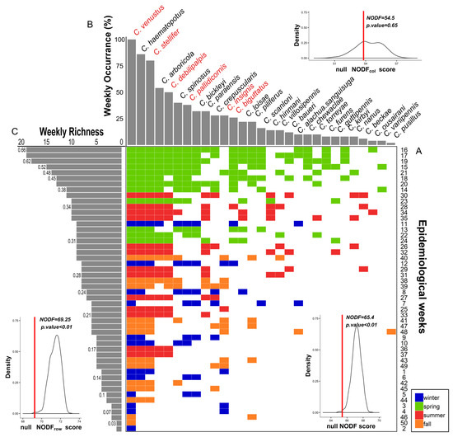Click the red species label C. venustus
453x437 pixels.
tap(139, 19)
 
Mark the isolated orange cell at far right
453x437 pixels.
tap(391, 331)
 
